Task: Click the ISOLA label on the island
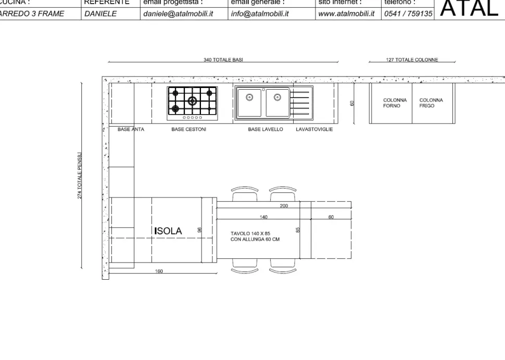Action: click(x=168, y=231)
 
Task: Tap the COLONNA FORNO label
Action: click(x=395, y=103)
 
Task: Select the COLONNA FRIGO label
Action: click(x=431, y=103)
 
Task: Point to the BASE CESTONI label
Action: click(x=188, y=130)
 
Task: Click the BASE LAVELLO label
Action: click(x=266, y=130)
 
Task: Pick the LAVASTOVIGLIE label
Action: click(x=314, y=130)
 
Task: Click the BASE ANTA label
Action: click(x=131, y=130)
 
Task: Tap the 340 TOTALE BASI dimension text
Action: click(x=223, y=60)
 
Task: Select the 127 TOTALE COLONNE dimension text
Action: click(x=412, y=60)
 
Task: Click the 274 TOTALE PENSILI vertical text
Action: click(x=80, y=176)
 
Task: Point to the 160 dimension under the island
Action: click(x=159, y=271)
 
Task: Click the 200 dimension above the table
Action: click(x=284, y=206)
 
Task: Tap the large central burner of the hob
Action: click(x=192, y=101)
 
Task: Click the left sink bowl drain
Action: click(x=250, y=97)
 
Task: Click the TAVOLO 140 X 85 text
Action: click(x=250, y=233)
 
